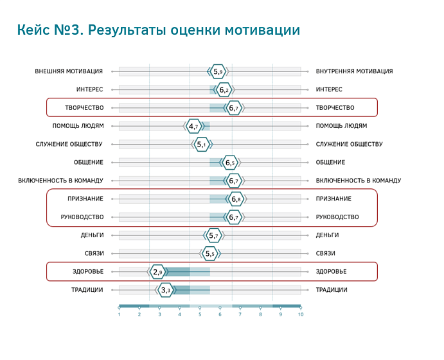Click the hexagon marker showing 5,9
pyautogui.click(x=218, y=71)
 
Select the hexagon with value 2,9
pyautogui.click(x=157, y=272)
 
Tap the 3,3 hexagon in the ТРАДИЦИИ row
pyautogui.click(x=165, y=290)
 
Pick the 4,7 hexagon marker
pyautogui.click(x=193, y=126)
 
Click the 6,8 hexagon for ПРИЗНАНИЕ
pyautogui.click(x=236, y=199)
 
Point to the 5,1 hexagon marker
pyautogui.click(x=202, y=145)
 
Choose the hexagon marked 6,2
pyautogui.click(x=224, y=90)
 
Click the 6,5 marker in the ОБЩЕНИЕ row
pyautogui.click(x=230, y=163)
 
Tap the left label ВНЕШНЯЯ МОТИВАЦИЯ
pyautogui.click(x=69, y=71)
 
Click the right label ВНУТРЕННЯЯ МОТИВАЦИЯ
pyautogui.click(x=354, y=71)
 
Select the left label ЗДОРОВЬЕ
pyautogui.click(x=88, y=272)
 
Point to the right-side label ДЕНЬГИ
pyautogui.click(x=327, y=235)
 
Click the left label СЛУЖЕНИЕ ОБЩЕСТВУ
pyautogui.click(x=69, y=144)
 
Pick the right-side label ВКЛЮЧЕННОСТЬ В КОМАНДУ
pyautogui.click(x=359, y=181)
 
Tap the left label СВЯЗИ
pyautogui.click(x=94, y=253)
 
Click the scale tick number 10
pyautogui.click(x=301, y=314)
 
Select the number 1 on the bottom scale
pyautogui.click(x=119, y=314)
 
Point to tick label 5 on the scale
pyautogui.click(x=200, y=314)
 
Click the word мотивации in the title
pyautogui.click(x=263, y=30)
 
